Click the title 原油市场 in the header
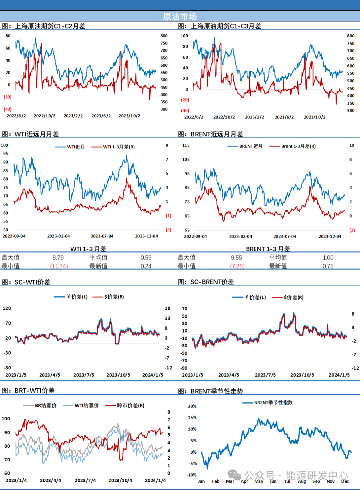pos(180,16)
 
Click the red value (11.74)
pos(59,266)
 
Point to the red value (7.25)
pos(238,266)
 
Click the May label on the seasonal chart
pos(259,481)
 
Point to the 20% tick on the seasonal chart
pos(192,406)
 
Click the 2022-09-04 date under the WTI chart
pos(14,236)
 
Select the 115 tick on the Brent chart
pos(186,145)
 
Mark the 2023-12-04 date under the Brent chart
pos(330,236)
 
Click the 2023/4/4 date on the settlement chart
pos(50,480)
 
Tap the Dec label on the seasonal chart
pos(345,481)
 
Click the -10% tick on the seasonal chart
pos(192,475)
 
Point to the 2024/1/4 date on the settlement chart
pos(155,480)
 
